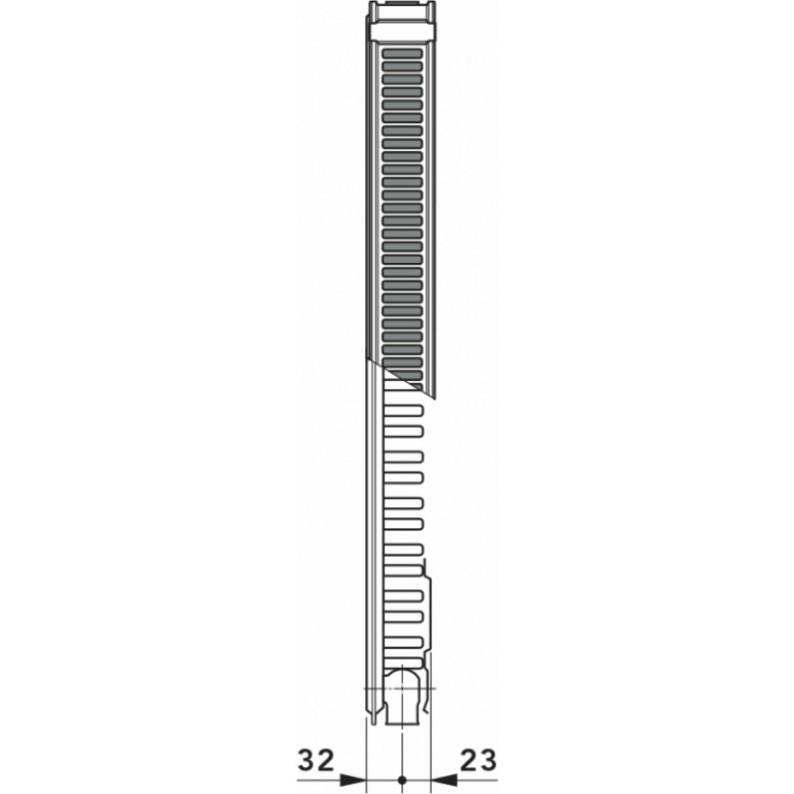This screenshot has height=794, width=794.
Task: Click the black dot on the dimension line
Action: coord(401,780)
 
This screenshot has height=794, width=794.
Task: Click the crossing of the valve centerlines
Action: coord(402,687)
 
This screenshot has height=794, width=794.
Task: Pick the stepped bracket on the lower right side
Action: coord(429,605)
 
